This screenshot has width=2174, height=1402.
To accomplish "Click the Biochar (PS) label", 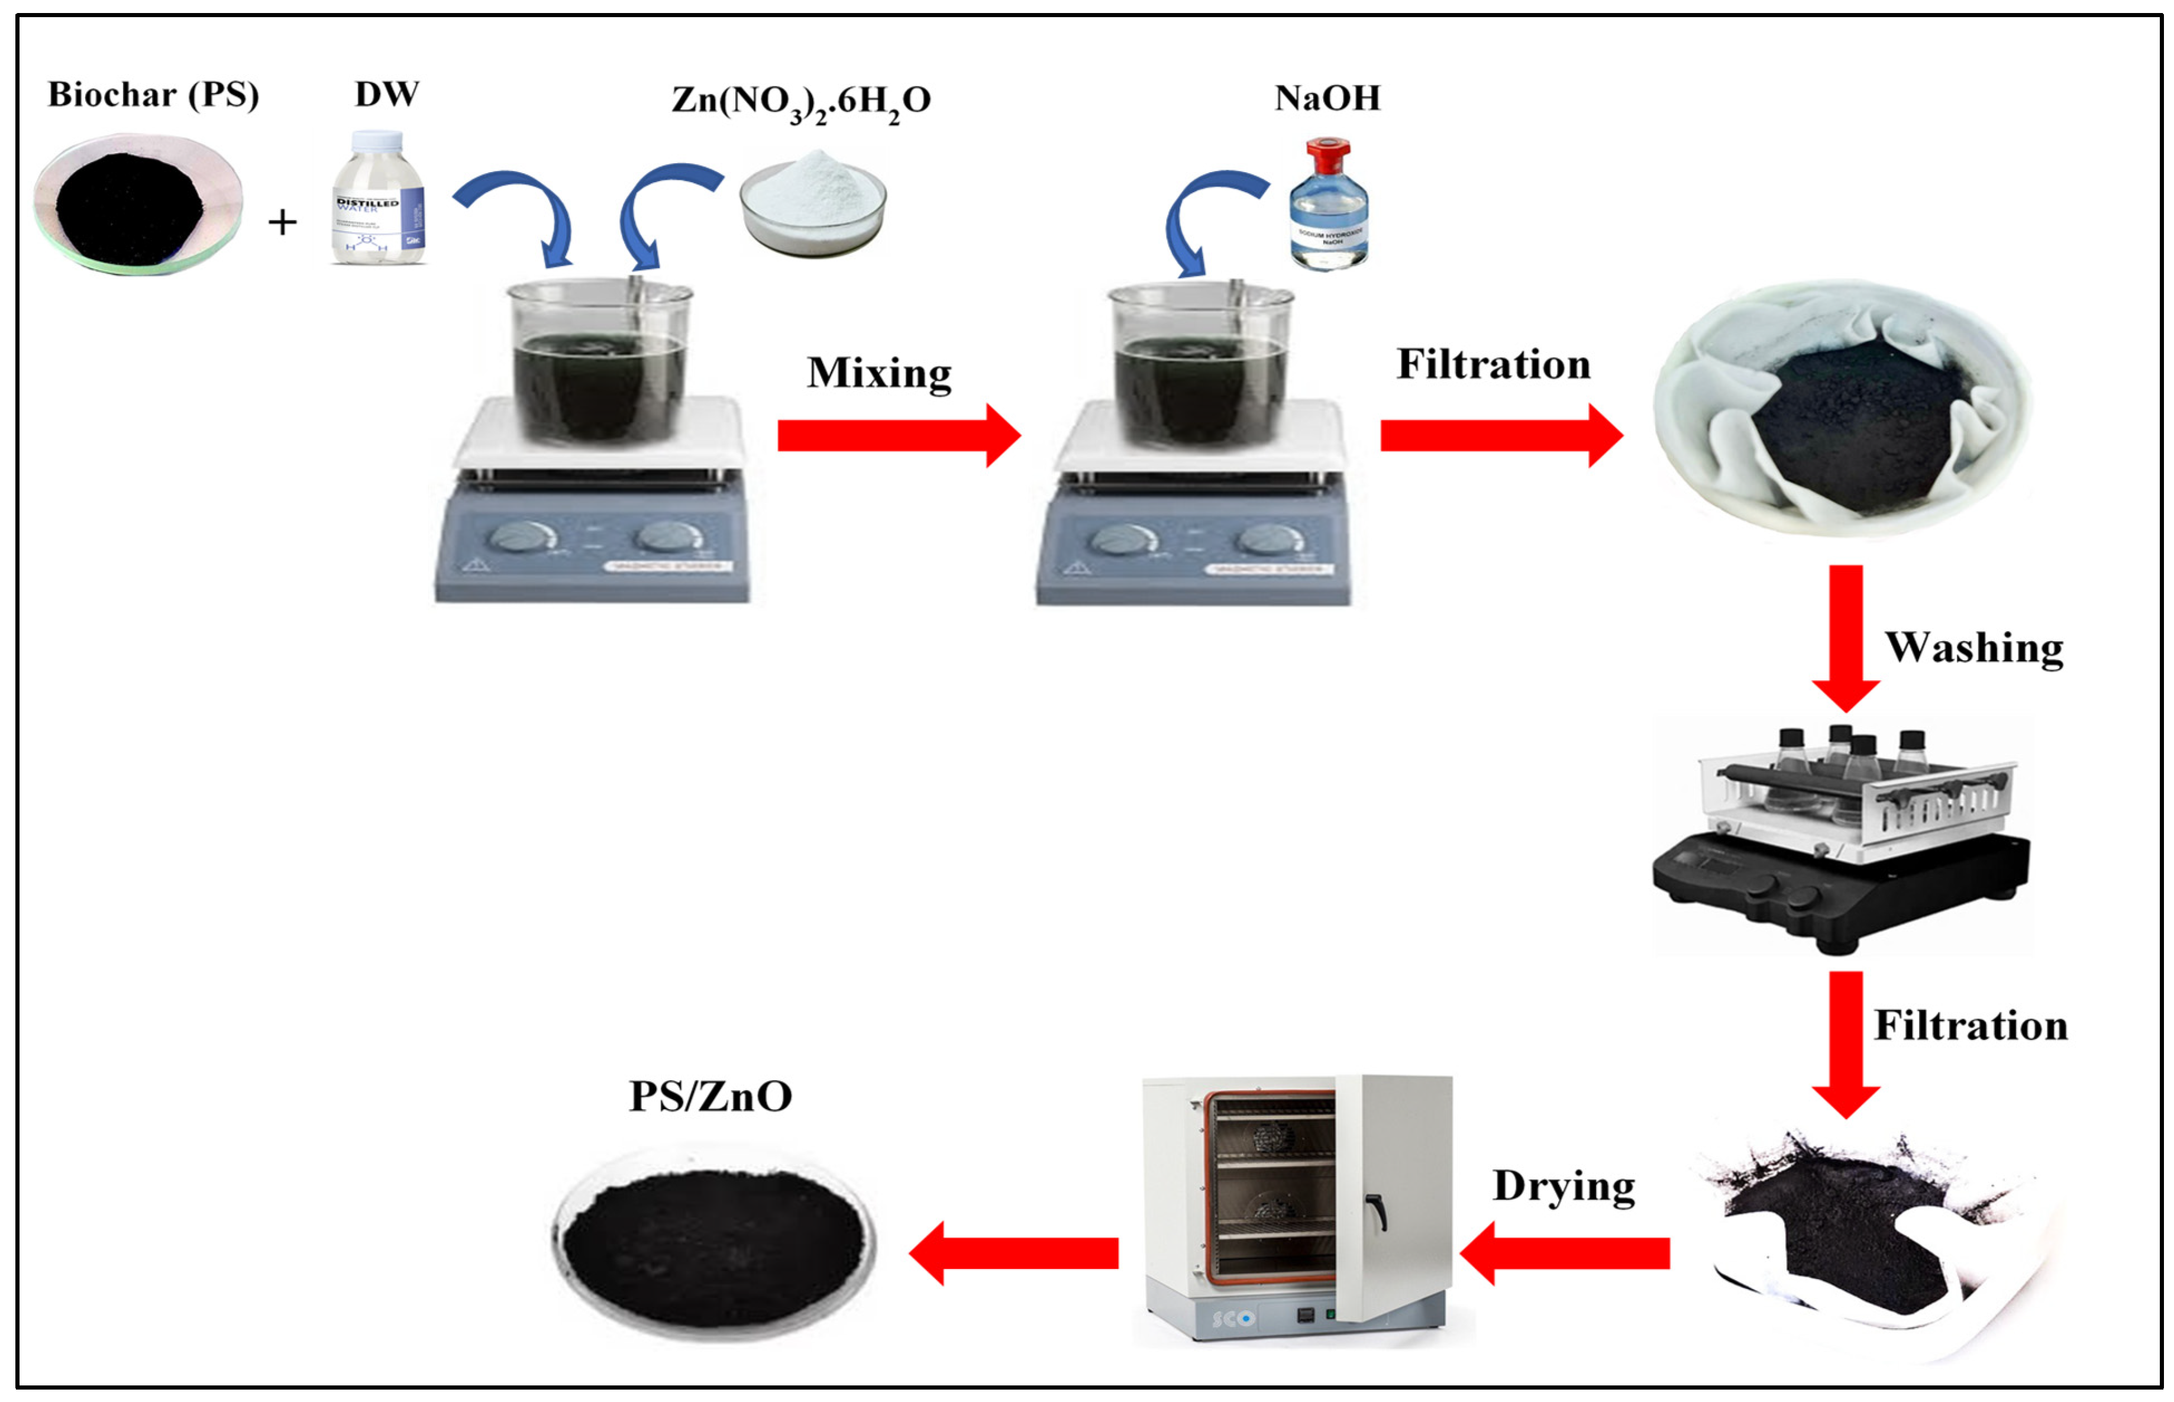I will click(153, 95).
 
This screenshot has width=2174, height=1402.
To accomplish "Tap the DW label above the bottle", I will click(386, 94).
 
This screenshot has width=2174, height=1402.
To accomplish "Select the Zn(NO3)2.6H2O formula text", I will click(800, 100).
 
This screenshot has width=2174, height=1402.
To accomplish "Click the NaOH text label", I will click(1326, 98).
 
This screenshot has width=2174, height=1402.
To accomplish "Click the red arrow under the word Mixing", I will click(897, 435).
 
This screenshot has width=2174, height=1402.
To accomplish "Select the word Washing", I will click(1973, 648).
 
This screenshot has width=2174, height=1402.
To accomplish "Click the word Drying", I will click(1563, 1186).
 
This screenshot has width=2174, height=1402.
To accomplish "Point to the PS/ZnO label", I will click(710, 1096).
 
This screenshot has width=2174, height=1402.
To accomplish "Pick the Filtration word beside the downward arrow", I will click(1970, 1026).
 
